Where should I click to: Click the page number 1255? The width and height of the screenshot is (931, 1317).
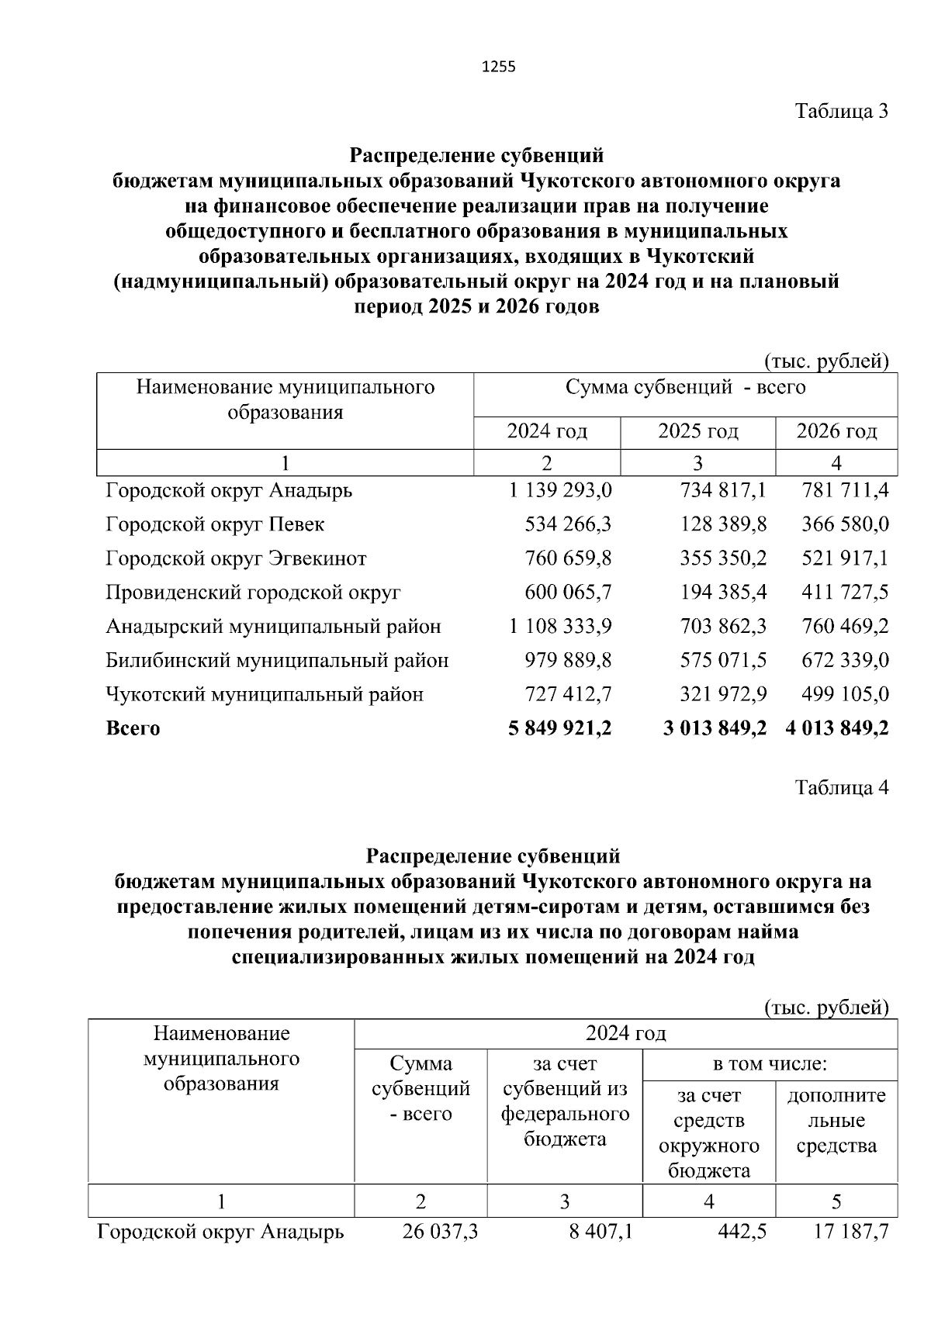click(x=499, y=67)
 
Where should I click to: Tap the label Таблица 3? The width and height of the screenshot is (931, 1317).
click(x=841, y=111)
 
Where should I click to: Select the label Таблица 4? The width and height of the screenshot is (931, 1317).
click(x=841, y=788)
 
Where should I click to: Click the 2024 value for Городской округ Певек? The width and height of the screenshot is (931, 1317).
click(x=568, y=524)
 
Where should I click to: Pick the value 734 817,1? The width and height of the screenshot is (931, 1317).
click(x=722, y=491)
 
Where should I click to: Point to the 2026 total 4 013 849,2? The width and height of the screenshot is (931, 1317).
click(x=836, y=728)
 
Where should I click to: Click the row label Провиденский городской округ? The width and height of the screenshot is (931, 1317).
click(x=253, y=593)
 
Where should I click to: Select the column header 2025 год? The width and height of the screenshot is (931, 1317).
click(x=697, y=431)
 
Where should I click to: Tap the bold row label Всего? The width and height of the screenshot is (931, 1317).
click(x=133, y=728)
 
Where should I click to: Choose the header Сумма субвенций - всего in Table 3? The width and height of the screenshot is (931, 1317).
click(x=685, y=387)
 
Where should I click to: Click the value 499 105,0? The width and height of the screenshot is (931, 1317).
click(x=845, y=694)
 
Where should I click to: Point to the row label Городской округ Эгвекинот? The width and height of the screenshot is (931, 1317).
click(x=236, y=558)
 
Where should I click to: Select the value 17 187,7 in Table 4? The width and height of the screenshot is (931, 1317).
click(x=845, y=1232)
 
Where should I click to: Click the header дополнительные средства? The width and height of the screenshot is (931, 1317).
click(x=836, y=1121)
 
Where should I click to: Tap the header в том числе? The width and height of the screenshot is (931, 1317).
click(x=770, y=1064)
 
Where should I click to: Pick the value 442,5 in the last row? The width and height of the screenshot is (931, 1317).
click(x=742, y=1232)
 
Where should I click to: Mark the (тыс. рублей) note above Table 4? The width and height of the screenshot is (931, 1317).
click(x=825, y=1007)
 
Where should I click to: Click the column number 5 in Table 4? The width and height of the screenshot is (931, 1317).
click(x=836, y=1201)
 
